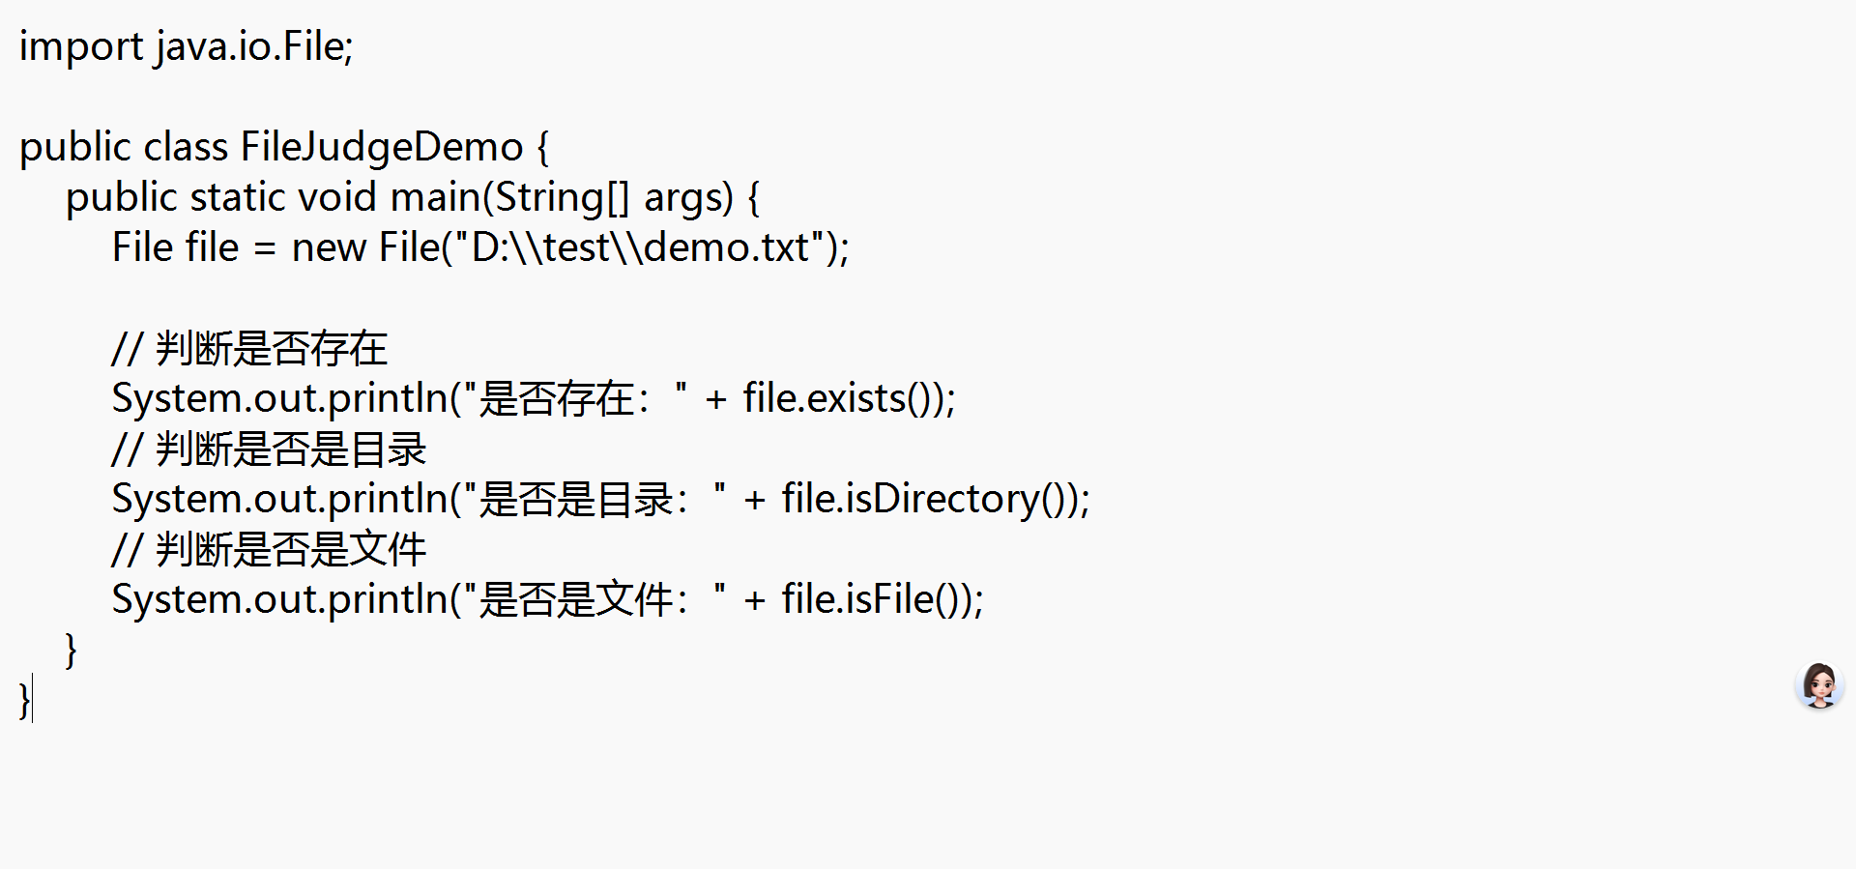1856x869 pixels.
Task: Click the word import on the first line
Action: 80,47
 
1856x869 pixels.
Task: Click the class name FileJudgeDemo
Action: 381,148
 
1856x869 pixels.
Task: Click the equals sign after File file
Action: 265,249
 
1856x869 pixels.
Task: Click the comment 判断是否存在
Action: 271,349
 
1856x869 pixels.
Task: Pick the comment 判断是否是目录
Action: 290,449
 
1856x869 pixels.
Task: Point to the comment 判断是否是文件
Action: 290,550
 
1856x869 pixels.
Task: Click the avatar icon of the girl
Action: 1819,685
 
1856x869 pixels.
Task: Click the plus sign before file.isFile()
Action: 754,601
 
